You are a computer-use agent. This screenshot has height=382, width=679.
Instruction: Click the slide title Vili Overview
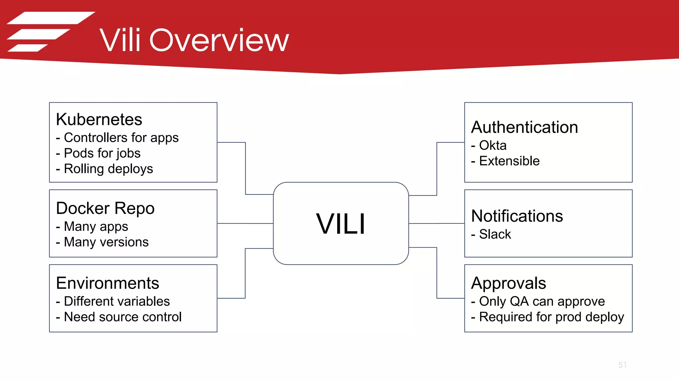(x=194, y=40)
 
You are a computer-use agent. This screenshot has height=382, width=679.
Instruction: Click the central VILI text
(x=340, y=224)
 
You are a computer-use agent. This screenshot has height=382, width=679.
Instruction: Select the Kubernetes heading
(x=99, y=119)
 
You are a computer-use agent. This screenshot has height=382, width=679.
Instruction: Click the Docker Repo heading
(x=105, y=208)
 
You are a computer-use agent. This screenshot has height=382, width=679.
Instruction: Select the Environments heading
(x=107, y=283)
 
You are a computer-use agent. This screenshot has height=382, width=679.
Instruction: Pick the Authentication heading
(x=525, y=127)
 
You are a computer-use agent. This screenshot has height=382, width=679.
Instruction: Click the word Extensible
(x=509, y=161)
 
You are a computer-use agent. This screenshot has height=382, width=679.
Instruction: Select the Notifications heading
(x=517, y=216)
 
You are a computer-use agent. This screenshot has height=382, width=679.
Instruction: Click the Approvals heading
(x=508, y=283)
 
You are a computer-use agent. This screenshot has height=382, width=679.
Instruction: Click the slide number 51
(x=622, y=365)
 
